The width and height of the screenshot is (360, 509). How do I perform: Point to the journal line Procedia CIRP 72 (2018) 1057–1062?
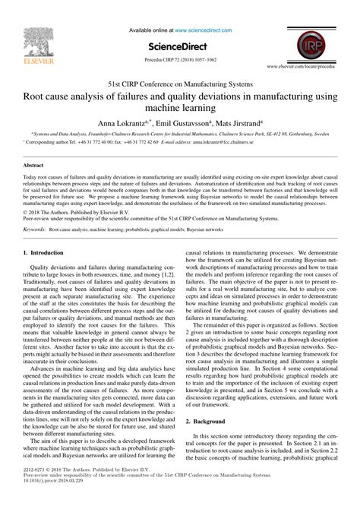click(x=179, y=57)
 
